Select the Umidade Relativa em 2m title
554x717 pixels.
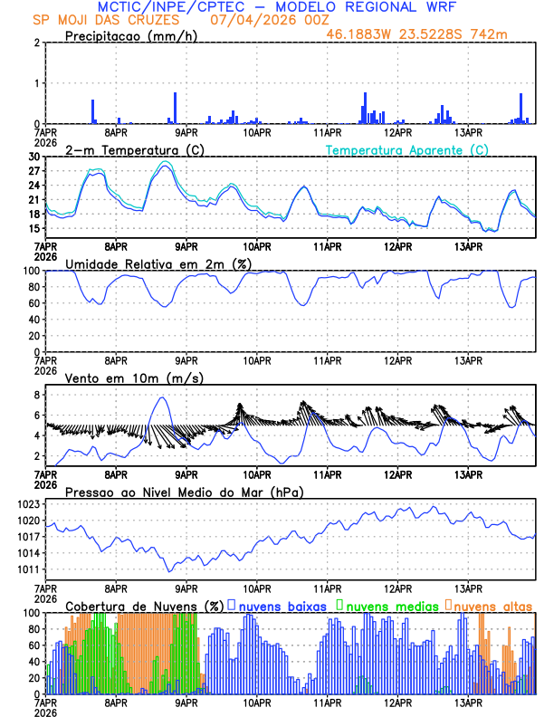coord(163,263)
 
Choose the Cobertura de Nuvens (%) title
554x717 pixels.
coord(145,606)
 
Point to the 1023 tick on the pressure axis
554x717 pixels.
coord(28,503)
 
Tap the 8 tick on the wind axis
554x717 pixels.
coord(37,395)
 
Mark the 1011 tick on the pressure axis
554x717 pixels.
coord(28,569)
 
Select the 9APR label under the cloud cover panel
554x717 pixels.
coord(186,703)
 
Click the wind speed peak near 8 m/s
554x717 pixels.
coord(162,397)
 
